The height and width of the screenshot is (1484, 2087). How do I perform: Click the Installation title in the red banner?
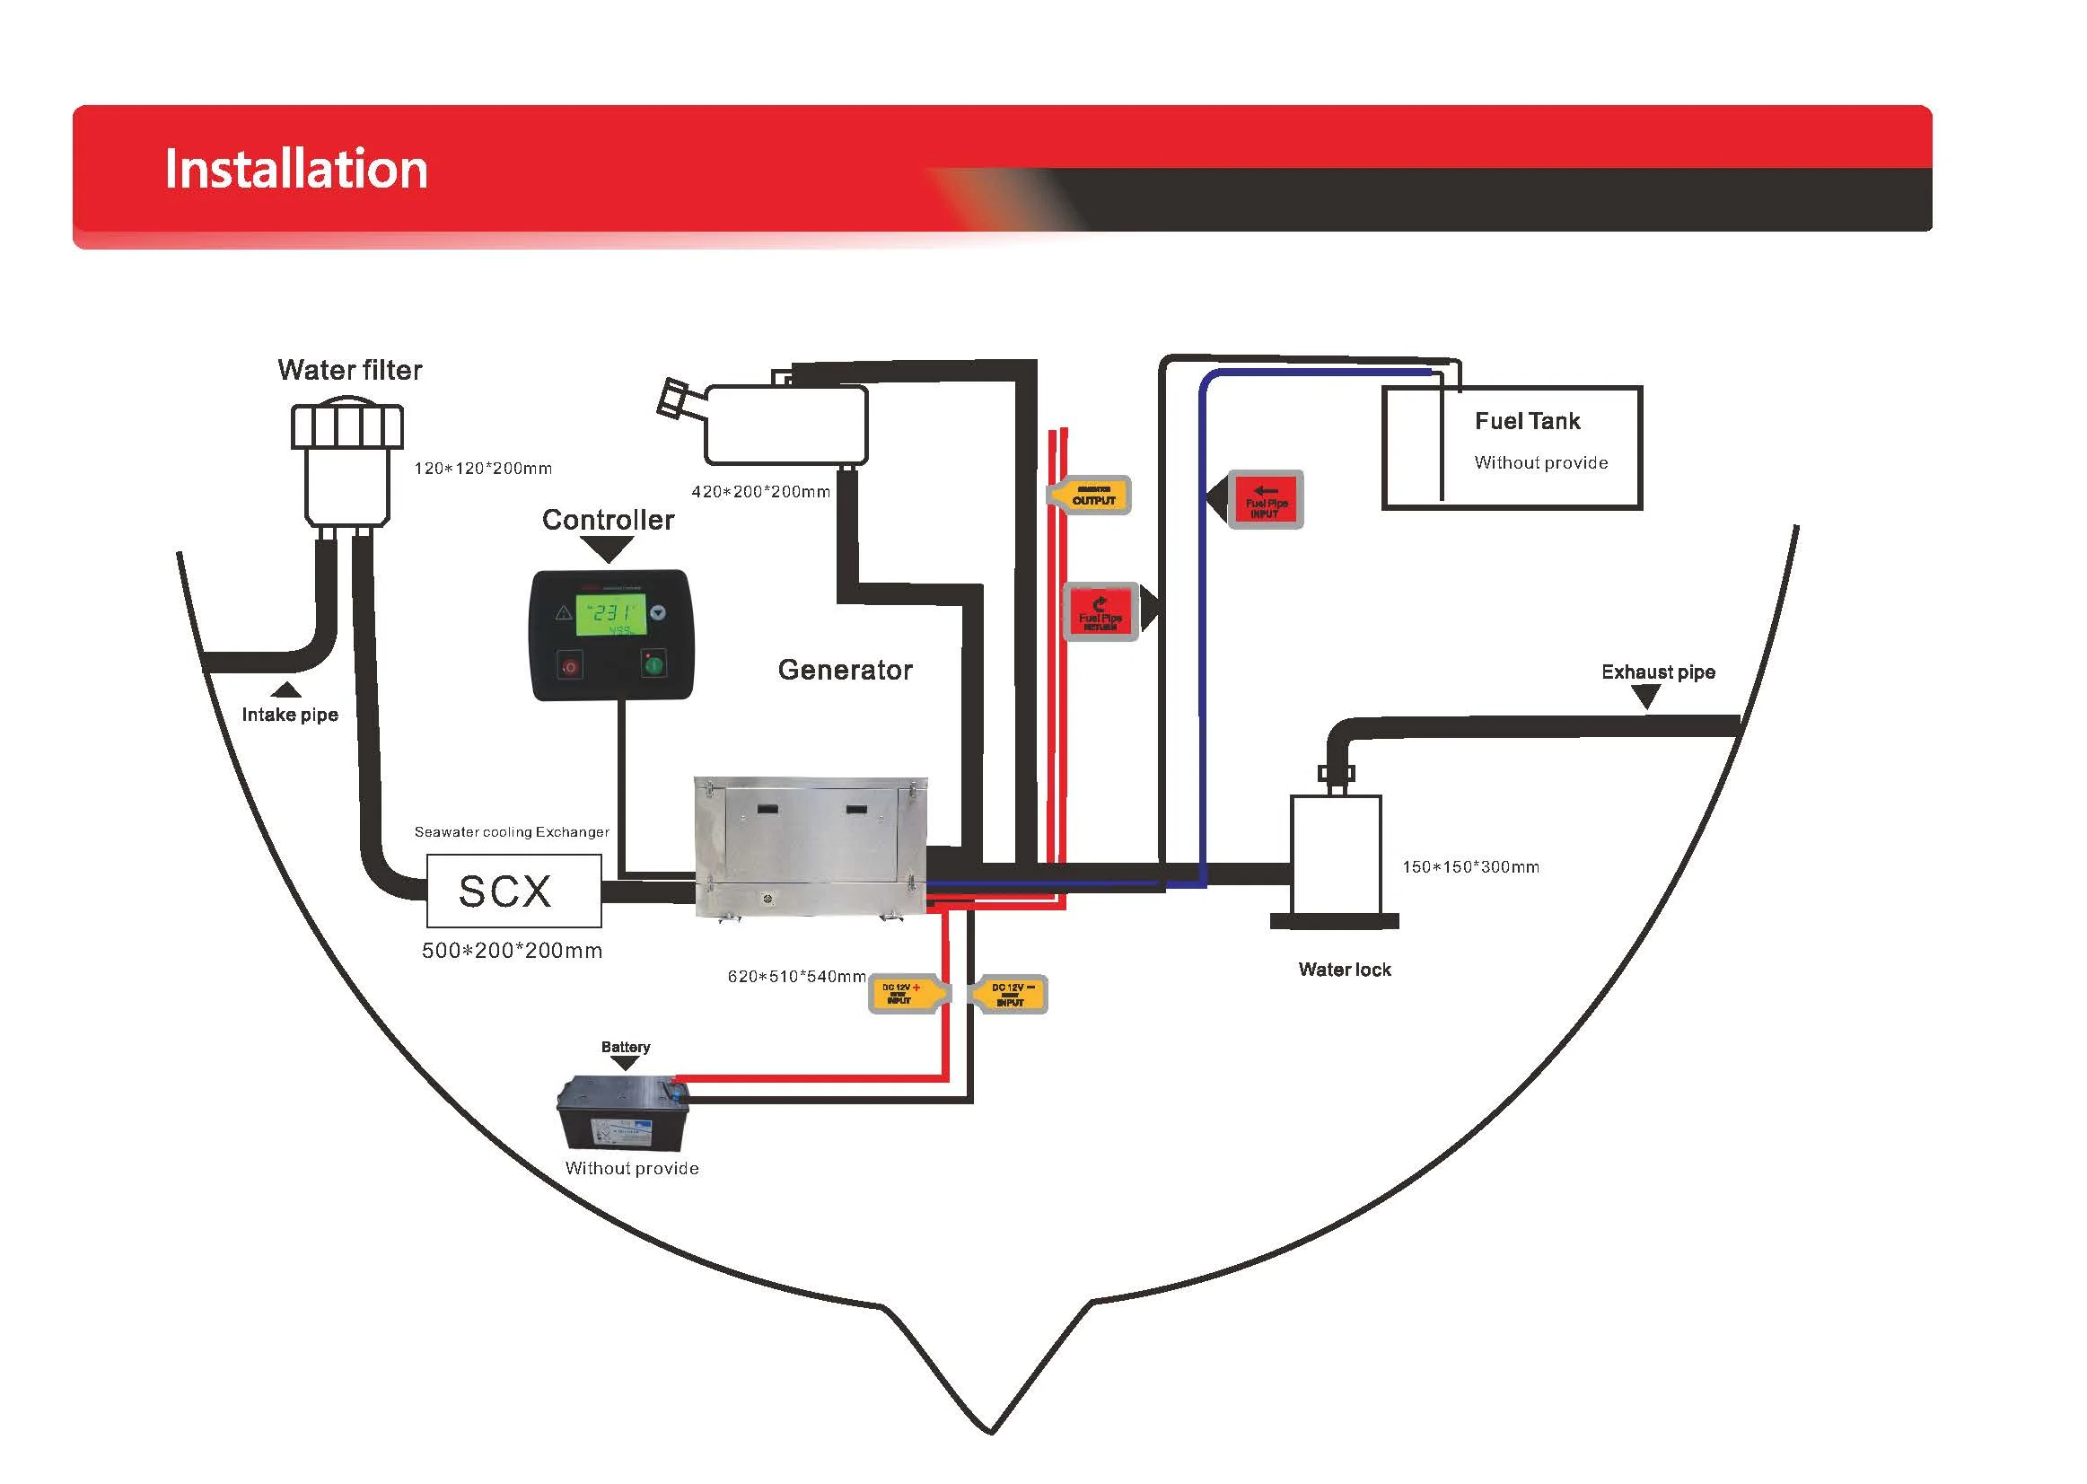click(x=296, y=169)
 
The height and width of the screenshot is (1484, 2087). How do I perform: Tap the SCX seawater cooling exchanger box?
click(x=513, y=891)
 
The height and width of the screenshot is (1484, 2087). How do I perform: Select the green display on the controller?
click(x=610, y=615)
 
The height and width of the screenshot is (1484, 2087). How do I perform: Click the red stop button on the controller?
click(x=570, y=666)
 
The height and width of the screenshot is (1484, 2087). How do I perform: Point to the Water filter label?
click(x=349, y=370)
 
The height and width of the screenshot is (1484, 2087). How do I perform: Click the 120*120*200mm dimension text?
click(x=482, y=469)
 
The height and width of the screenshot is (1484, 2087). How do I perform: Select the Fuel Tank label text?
click(x=1527, y=421)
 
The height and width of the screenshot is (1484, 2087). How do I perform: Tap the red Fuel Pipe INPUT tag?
click(x=1265, y=500)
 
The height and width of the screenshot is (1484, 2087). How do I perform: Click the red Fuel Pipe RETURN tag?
click(x=1102, y=612)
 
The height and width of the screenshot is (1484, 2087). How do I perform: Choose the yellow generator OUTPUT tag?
click(x=1091, y=496)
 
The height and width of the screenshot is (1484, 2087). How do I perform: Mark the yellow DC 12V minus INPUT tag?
click(x=1011, y=994)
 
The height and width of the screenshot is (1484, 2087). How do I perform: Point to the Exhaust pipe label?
click(x=1658, y=672)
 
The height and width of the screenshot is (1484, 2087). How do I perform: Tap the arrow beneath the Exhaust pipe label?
click(x=1645, y=698)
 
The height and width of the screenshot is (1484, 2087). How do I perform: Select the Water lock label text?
click(x=1344, y=970)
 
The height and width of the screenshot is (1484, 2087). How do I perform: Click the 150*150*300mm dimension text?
click(x=1470, y=867)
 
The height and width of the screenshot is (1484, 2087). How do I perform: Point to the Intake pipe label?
click(x=290, y=715)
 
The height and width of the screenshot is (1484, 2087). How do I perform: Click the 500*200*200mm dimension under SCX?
click(x=512, y=951)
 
